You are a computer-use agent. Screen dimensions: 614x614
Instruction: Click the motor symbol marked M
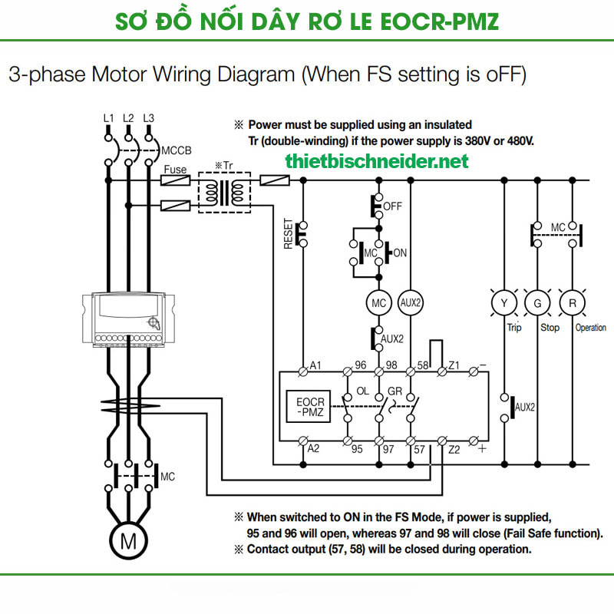point(128,541)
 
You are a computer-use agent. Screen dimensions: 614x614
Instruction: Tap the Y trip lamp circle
point(504,303)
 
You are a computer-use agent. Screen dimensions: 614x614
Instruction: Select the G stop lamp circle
point(537,303)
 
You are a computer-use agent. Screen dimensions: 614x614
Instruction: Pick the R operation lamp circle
point(571,303)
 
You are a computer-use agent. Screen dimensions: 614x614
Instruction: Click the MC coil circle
point(378,302)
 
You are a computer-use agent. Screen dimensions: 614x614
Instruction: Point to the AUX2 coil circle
point(411,302)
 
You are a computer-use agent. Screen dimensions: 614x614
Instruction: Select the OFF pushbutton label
point(392,206)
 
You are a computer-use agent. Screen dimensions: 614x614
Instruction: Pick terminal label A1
point(315,364)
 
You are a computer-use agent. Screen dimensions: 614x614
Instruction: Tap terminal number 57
point(419,448)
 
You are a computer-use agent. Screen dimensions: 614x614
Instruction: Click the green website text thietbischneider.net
point(376,161)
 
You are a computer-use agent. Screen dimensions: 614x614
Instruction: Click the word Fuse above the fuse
point(175,169)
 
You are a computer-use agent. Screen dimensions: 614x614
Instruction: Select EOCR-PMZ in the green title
point(438,21)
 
